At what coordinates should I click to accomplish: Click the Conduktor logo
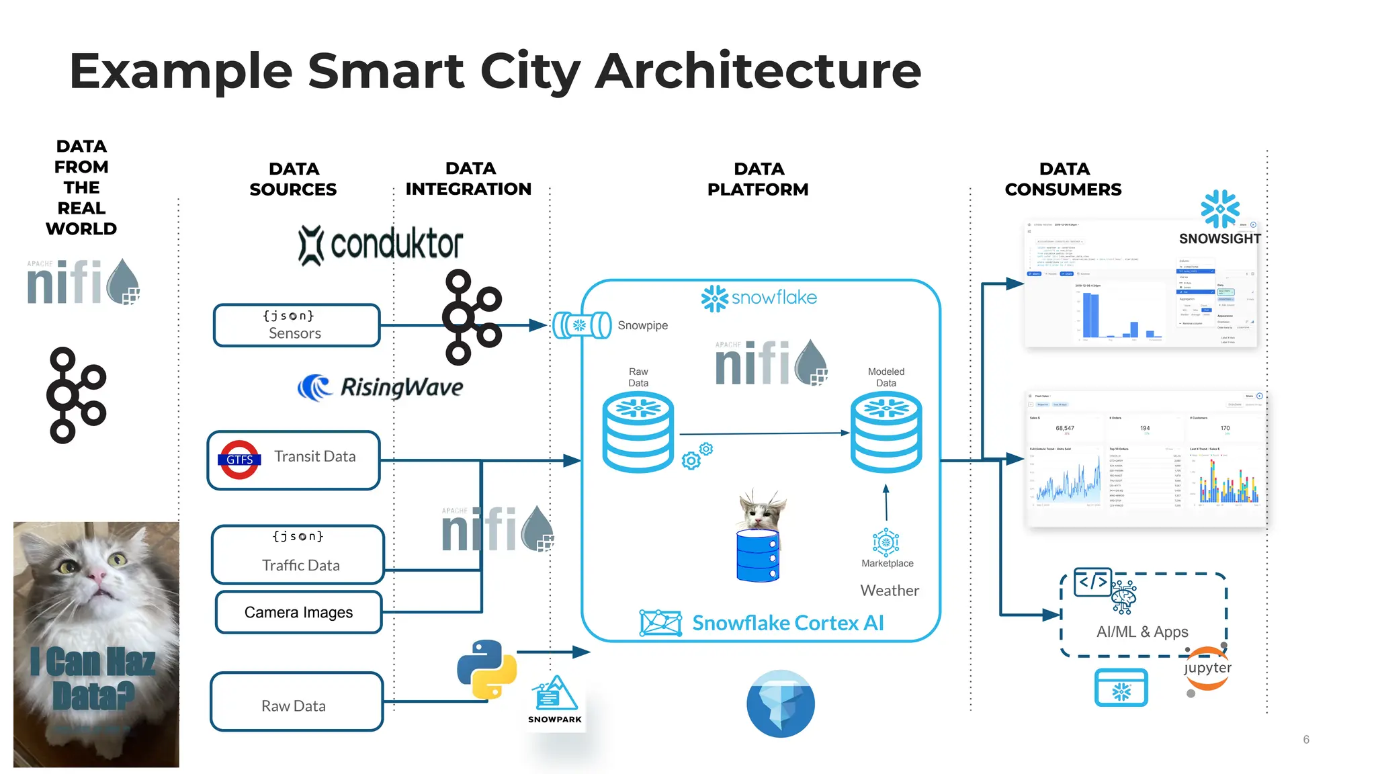click(381, 245)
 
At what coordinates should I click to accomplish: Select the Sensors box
click(296, 325)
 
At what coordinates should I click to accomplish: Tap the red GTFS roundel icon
click(240, 460)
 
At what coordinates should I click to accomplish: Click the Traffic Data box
click(298, 554)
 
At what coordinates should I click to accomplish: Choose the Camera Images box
click(298, 612)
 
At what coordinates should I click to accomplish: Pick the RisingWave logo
click(381, 387)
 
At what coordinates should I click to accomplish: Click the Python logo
click(486, 669)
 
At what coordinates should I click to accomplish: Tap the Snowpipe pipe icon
click(581, 325)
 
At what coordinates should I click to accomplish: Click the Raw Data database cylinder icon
click(638, 433)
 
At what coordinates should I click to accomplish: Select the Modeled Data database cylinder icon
click(886, 433)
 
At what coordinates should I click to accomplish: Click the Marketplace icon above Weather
click(886, 542)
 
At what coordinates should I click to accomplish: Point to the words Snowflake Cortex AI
click(787, 623)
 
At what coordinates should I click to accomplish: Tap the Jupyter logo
click(1207, 669)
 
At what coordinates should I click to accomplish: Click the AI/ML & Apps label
click(1142, 632)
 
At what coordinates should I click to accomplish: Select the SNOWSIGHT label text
click(1219, 239)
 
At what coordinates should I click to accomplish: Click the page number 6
click(1306, 739)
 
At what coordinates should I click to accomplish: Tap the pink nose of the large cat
click(97, 574)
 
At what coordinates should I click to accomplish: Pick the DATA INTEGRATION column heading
click(468, 179)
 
